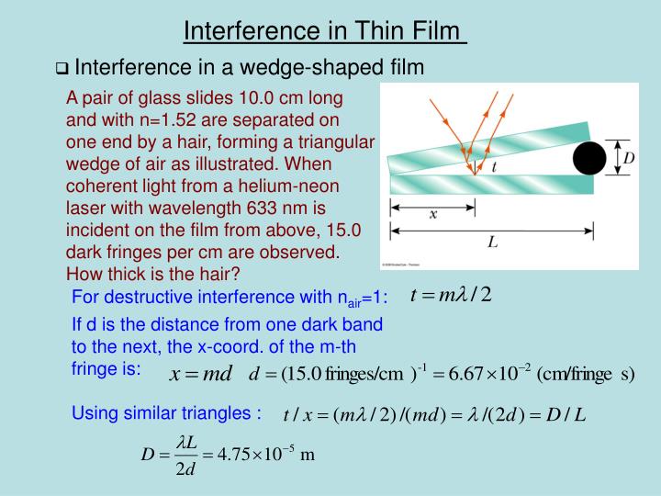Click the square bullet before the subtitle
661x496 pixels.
(x=62, y=69)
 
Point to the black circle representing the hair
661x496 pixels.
(x=590, y=158)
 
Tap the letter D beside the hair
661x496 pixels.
(x=629, y=158)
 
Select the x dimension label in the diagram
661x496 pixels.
(x=434, y=214)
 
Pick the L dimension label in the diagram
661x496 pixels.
(x=494, y=242)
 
